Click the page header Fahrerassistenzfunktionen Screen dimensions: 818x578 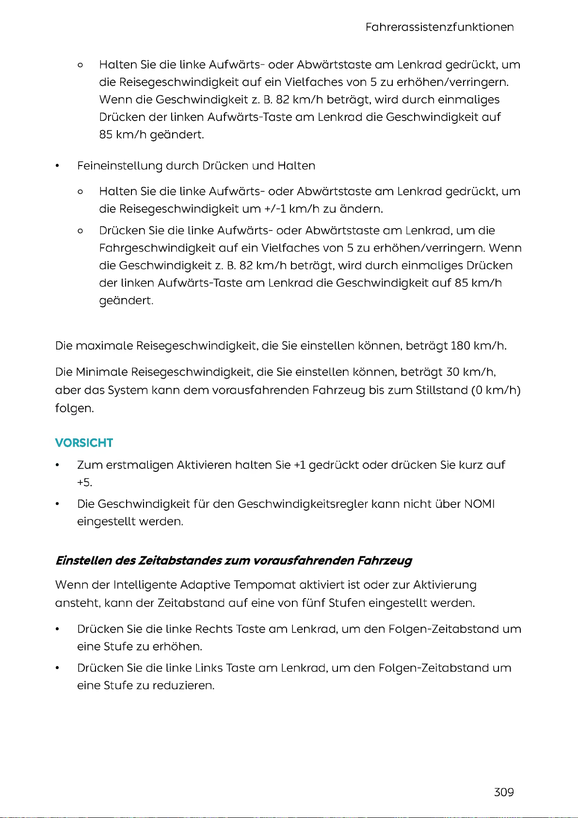[x=439, y=27]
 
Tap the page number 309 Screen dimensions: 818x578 [x=504, y=792]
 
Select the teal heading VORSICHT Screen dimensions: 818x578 [x=84, y=443]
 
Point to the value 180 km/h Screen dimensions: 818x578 [x=478, y=346]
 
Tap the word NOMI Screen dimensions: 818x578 [x=479, y=504]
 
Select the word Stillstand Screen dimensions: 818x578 [x=441, y=390]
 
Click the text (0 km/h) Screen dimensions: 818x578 [x=496, y=390]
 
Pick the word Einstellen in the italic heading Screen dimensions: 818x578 [x=83, y=561]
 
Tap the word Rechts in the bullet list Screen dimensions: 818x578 [x=214, y=629]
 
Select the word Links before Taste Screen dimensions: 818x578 [x=209, y=668]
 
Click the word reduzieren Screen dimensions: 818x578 [x=183, y=685]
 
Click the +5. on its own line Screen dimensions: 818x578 [x=84, y=483]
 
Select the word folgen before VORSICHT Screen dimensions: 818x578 [x=74, y=408]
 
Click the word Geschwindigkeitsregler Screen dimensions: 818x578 [x=303, y=504]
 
